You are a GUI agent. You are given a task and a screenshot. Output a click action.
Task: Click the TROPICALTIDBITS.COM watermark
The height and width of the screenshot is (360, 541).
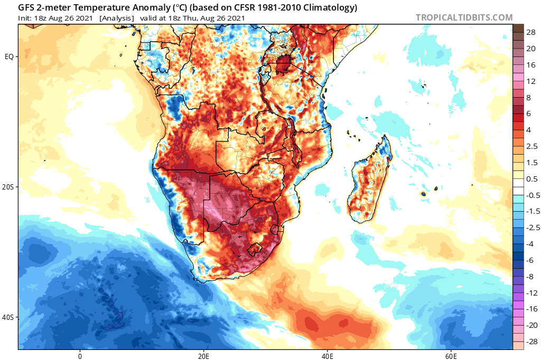tap(464, 17)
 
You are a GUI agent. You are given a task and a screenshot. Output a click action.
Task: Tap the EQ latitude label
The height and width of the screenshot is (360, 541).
tap(9, 56)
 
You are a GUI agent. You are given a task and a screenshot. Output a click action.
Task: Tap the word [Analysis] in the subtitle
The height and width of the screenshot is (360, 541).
tap(116, 18)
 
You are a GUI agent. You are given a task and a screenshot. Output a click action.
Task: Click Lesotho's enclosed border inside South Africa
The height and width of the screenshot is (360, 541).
tap(255, 248)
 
